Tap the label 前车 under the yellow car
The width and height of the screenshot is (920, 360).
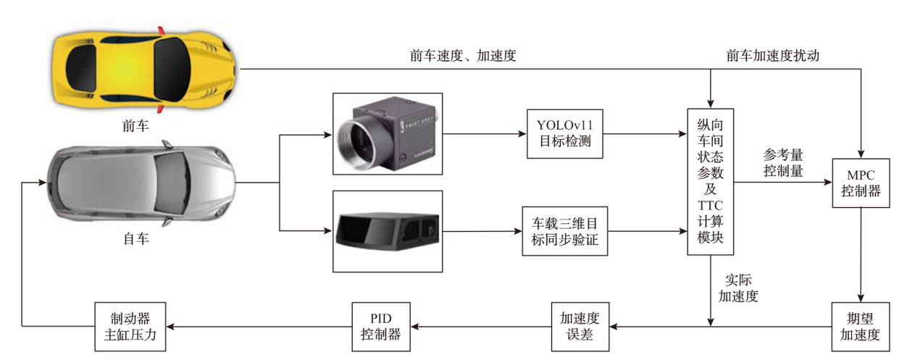coord(135,126)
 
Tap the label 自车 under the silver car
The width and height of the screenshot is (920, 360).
coord(135,238)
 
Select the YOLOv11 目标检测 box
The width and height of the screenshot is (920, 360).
coord(564,134)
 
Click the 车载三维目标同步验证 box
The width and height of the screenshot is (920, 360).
coord(564,232)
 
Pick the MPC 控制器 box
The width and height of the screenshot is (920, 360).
coord(861,183)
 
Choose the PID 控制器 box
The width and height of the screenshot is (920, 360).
coord(380,326)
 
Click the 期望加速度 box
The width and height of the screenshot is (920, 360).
coord(860,326)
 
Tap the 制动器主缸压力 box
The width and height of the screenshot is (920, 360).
coord(130,326)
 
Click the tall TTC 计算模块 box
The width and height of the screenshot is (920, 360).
coord(711,181)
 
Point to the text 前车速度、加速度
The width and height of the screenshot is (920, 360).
coord(463,56)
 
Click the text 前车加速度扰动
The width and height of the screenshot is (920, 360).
coord(773,56)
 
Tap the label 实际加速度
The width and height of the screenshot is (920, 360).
coord(737,288)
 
